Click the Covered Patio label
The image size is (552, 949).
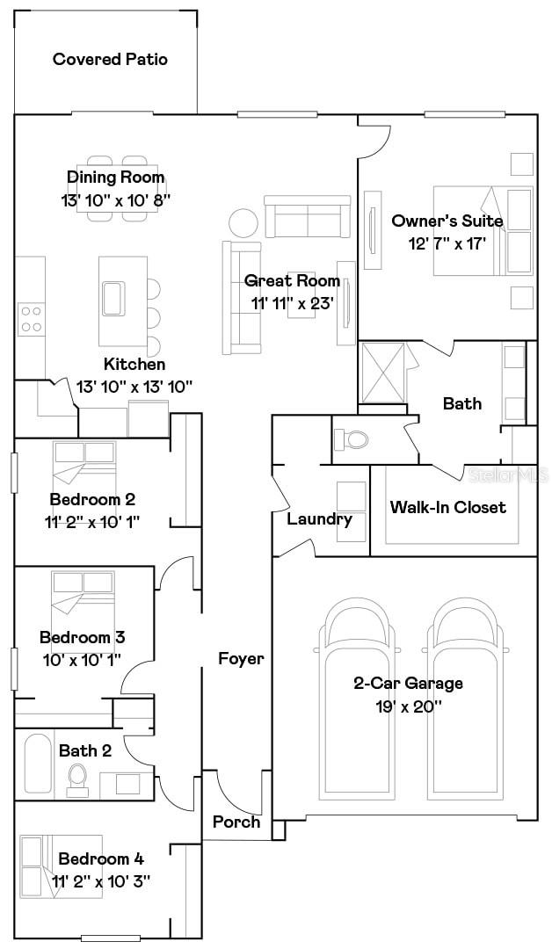110,60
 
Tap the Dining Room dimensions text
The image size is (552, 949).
115,199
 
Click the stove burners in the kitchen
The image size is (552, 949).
32,318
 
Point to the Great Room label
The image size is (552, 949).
292,281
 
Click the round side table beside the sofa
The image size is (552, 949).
243,221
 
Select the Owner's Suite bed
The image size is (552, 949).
483,230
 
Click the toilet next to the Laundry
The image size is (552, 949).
355,438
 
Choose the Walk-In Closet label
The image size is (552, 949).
448,507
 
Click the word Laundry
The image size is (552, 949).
319,518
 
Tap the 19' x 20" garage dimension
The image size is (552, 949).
408,705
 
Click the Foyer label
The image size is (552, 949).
241,658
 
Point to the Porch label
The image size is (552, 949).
236,822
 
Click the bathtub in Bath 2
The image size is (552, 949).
37,764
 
